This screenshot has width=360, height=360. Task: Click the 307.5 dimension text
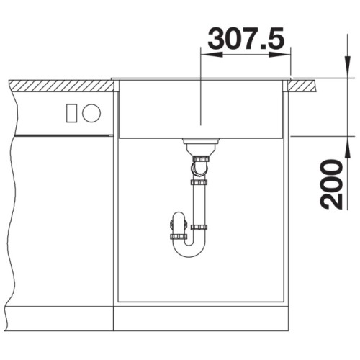click(x=246, y=38)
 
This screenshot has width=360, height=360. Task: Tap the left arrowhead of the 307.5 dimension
click(x=212, y=55)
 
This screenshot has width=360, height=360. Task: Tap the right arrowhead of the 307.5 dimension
click(x=280, y=55)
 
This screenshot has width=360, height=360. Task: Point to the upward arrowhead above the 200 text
click(x=348, y=147)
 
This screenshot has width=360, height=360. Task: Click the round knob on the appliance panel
click(x=91, y=113)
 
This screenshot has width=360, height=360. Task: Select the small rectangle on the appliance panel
click(x=71, y=113)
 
